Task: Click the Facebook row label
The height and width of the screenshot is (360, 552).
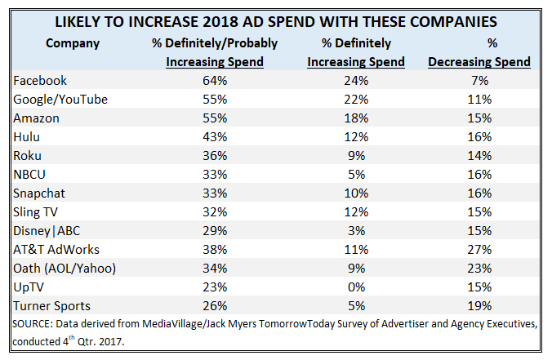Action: [41, 81]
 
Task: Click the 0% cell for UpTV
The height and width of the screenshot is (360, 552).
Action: [357, 287]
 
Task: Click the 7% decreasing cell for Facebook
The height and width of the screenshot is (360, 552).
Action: [480, 81]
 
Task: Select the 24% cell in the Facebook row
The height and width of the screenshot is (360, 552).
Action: [357, 81]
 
